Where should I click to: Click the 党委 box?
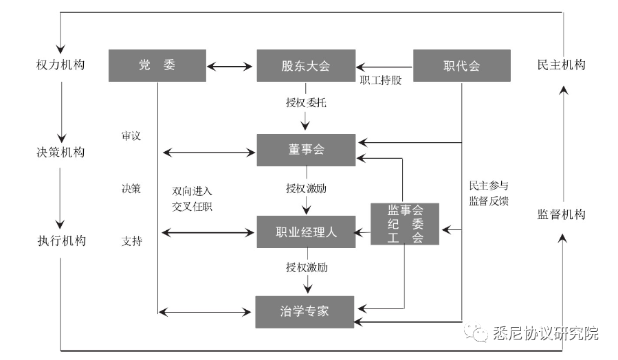pyautogui.click(x=157, y=66)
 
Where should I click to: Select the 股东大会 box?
pyautogui.click(x=306, y=66)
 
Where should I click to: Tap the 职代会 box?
pyautogui.click(x=461, y=66)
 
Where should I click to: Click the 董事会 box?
pyautogui.click(x=306, y=150)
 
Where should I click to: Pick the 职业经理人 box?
pyautogui.click(x=306, y=232)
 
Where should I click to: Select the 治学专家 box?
pyautogui.click(x=306, y=311)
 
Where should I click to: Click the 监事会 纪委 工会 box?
pyautogui.click(x=405, y=224)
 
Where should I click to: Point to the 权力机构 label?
pyautogui.click(x=61, y=65)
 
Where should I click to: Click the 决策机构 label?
pyautogui.click(x=61, y=152)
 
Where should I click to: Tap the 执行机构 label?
pyautogui.click(x=61, y=240)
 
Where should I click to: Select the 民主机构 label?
pyautogui.click(x=561, y=65)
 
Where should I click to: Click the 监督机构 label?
pyautogui.click(x=561, y=214)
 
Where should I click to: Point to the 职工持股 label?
pyautogui.click(x=380, y=79)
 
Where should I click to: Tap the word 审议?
pyautogui.click(x=131, y=136)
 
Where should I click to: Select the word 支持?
pyautogui.click(x=131, y=241)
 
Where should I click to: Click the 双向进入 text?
pyautogui.click(x=192, y=190)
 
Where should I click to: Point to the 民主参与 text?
pyautogui.click(x=488, y=185)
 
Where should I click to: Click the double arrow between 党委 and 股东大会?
pyautogui.click(x=231, y=67)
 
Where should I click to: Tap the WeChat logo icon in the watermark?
pyautogui.click(x=476, y=334)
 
